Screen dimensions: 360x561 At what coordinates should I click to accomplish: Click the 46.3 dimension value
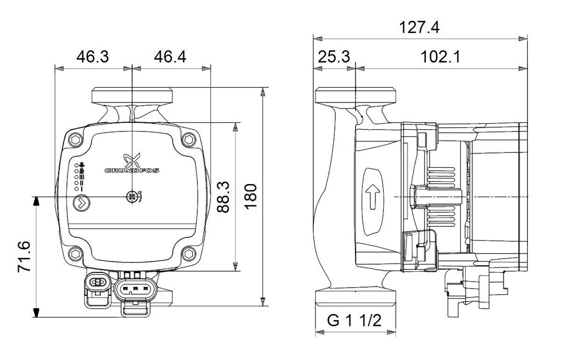click(x=92, y=56)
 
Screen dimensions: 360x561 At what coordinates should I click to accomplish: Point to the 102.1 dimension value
click(x=440, y=56)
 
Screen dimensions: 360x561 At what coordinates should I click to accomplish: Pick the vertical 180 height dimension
click(x=251, y=196)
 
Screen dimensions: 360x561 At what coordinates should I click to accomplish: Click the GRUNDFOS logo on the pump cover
click(x=131, y=165)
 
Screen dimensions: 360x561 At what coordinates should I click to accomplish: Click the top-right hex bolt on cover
click(x=190, y=139)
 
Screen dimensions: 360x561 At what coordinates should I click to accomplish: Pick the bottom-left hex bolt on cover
click(x=76, y=253)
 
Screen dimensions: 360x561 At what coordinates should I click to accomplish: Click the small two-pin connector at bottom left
click(x=98, y=283)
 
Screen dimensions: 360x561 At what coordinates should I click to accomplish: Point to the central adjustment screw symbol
click(x=131, y=197)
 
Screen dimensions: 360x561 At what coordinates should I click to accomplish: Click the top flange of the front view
click(x=131, y=95)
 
